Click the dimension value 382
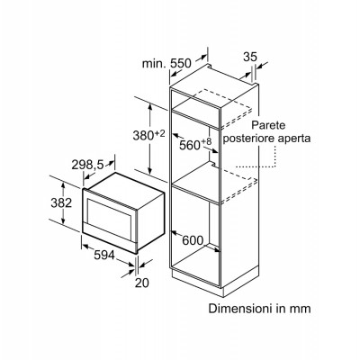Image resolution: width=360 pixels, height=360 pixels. click(x=61, y=203)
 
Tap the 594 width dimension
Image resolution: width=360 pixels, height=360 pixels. click(x=104, y=256)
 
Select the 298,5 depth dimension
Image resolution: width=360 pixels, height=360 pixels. click(x=87, y=165)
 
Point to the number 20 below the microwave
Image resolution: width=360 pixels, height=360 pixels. click(x=141, y=283)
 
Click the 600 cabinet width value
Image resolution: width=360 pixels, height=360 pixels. click(x=193, y=240)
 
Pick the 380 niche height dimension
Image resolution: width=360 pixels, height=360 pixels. click(x=143, y=136)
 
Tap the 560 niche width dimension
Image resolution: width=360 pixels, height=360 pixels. click(x=190, y=145)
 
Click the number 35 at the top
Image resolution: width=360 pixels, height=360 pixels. click(x=250, y=57)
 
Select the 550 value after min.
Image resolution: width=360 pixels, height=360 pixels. click(x=180, y=63)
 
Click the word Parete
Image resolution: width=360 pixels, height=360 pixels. click(x=269, y=125)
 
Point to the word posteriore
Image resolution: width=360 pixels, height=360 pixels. click(x=247, y=139)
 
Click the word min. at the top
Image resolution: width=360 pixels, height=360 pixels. click(x=154, y=63)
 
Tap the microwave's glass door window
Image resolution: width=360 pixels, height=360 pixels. click(x=109, y=215)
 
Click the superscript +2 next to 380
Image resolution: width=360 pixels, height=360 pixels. click(x=160, y=133)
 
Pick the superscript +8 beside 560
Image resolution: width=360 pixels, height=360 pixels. click(x=206, y=141)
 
